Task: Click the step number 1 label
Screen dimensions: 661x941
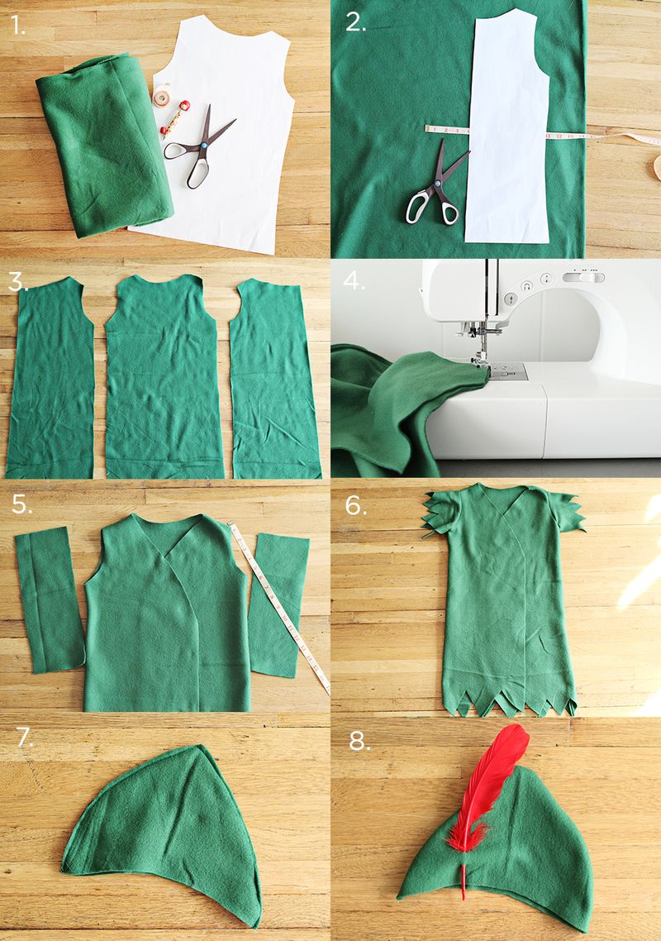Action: click(x=19, y=25)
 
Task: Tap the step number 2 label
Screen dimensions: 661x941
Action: click(x=355, y=22)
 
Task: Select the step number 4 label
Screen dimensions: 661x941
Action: click(x=354, y=280)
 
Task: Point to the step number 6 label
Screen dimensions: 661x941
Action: click(x=355, y=505)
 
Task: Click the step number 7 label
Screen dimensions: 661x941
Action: click(x=25, y=738)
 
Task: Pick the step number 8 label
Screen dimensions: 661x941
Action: click(x=359, y=742)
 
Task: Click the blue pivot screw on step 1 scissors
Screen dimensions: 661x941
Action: click(x=203, y=145)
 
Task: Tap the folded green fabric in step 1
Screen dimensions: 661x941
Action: click(x=105, y=144)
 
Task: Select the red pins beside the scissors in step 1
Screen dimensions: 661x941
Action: click(x=174, y=118)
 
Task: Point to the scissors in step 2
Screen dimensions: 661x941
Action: click(x=436, y=183)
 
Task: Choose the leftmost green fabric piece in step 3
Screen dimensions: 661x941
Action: click(x=50, y=378)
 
